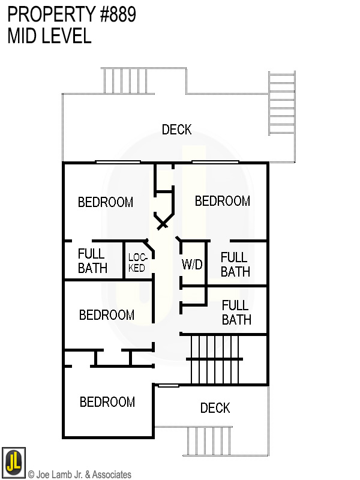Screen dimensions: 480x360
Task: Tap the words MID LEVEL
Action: [49, 36]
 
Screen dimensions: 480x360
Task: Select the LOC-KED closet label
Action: [137, 263]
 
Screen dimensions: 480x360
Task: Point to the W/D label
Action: [192, 265]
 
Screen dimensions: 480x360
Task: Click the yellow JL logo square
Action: [13, 460]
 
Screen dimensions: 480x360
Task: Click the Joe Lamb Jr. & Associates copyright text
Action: [79, 475]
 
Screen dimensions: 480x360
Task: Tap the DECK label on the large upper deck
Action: [177, 130]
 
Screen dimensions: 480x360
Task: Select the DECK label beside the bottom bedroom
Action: [215, 408]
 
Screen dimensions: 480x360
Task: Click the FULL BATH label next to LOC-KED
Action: [92, 261]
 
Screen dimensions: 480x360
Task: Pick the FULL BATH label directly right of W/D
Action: [235, 264]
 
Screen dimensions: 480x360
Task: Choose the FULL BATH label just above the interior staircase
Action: [236, 312]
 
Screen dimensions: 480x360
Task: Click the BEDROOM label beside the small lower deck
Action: [107, 402]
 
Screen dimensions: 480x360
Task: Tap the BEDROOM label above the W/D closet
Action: [223, 201]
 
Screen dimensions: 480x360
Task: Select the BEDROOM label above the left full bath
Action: [106, 202]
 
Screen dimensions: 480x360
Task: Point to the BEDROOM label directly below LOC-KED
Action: [107, 315]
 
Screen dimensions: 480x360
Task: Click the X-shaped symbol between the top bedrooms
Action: [163, 224]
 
